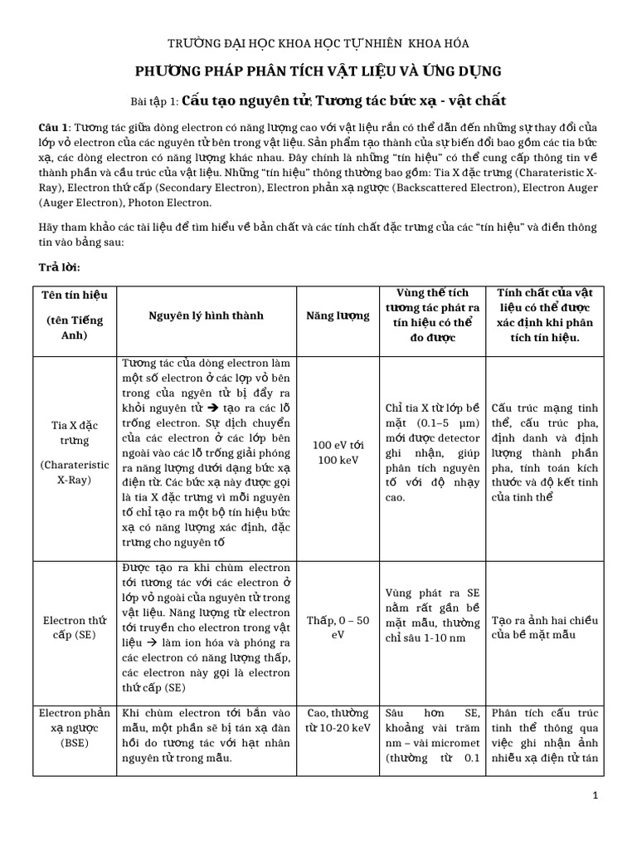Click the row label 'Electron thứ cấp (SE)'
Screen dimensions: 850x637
point(71,627)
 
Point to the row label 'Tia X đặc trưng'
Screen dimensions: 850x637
point(71,432)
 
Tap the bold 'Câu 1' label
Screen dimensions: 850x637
point(54,127)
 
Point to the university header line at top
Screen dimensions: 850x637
point(318,42)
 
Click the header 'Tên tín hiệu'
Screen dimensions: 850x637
point(71,295)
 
